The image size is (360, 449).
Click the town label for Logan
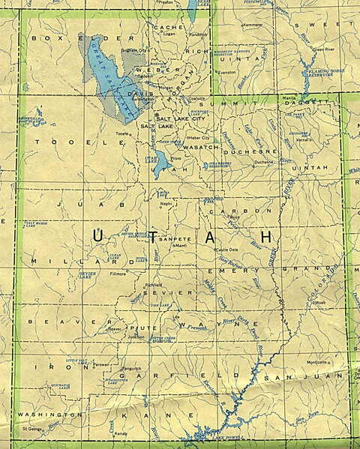[x=169, y=34]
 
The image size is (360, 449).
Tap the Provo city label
[x=177, y=159]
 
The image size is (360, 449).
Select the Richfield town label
[x=154, y=286]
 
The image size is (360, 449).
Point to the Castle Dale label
[x=226, y=249]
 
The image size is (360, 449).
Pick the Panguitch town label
[x=131, y=369]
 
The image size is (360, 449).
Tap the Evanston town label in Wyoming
[x=226, y=72]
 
